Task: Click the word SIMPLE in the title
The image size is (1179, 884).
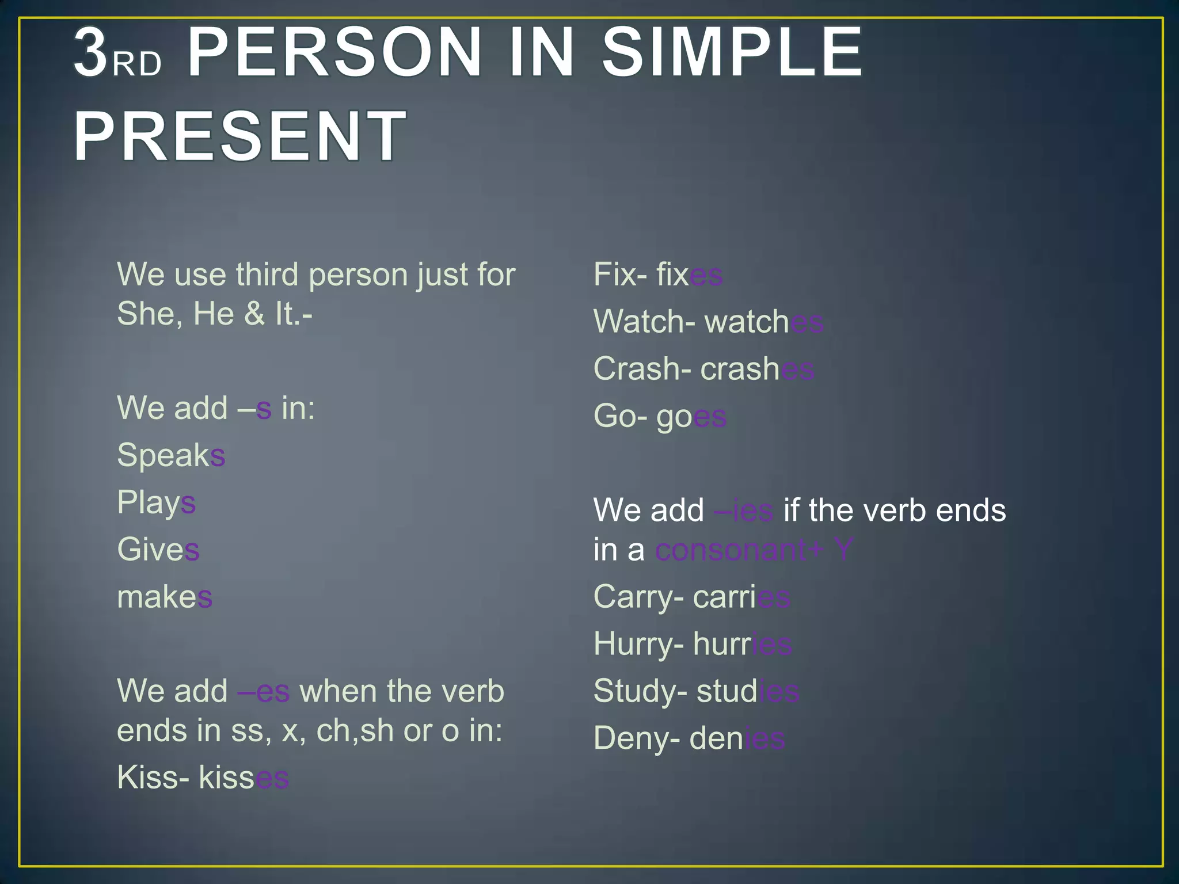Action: point(732,53)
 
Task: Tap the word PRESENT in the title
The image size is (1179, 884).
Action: point(239,137)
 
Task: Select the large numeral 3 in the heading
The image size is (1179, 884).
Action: point(91,54)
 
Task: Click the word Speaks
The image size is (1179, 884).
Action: point(171,456)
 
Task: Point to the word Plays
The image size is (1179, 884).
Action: point(156,503)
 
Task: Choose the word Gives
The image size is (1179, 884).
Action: point(158,550)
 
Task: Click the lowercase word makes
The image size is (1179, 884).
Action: point(165,597)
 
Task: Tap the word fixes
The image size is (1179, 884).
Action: point(689,275)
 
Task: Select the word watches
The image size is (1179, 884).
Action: point(764,322)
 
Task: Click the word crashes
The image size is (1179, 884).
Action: point(757,369)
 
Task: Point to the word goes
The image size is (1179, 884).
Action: point(691,417)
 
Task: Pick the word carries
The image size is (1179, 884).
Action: point(741,597)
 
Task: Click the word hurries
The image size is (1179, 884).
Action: point(742,644)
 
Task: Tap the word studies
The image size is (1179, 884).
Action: point(748,691)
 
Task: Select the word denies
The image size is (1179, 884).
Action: point(737,738)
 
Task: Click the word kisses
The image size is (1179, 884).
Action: point(244,778)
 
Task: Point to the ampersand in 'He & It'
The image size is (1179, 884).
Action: point(254,315)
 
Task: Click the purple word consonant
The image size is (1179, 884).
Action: point(731,550)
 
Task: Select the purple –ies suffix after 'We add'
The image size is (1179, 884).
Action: point(743,510)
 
